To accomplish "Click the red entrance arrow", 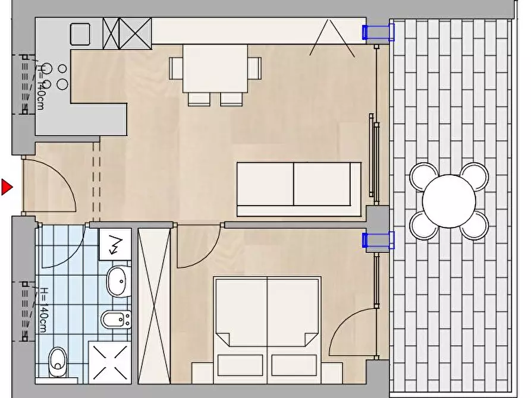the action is click(x=7, y=187).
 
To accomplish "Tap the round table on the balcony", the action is click(x=449, y=201).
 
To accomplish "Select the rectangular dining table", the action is click(x=215, y=68).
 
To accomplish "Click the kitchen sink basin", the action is click(x=80, y=34).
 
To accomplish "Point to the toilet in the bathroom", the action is click(x=58, y=362).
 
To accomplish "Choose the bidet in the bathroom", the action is click(x=116, y=319).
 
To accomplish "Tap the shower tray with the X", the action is click(x=110, y=362).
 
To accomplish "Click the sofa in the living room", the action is click(x=299, y=189).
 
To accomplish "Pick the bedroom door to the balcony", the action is click(x=352, y=331).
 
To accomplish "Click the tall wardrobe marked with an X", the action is click(x=154, y=306).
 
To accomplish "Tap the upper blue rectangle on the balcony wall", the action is click(x=378, y=33).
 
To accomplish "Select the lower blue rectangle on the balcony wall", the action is click(x=378, y=241).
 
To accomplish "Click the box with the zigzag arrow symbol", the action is click(x=115, y=244).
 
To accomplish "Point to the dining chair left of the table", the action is click(x=176, y=68).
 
